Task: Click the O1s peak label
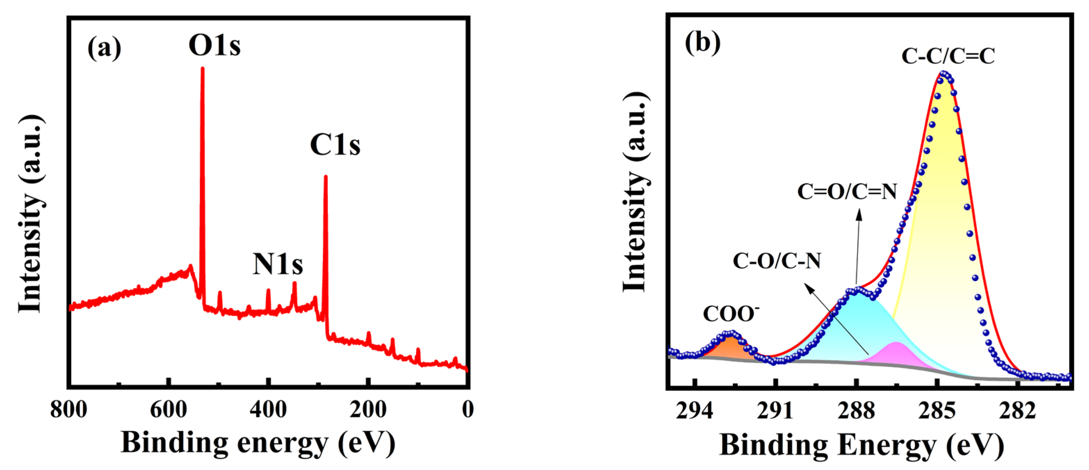coord(214,45)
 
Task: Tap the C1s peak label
coord(335,145)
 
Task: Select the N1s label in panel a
coord(278,264)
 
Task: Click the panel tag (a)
coord(104,47)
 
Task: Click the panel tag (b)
coord(703,42)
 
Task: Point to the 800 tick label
coord(69,409)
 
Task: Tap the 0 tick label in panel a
coord(467,409)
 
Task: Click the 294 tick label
coord(694,411)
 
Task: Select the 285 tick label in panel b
coord(937,411)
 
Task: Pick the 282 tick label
coord(1018,411)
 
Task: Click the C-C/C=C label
coord(948,56)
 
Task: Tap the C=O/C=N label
coord(847,192)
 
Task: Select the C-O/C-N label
coord(777,261)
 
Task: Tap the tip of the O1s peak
coord(202,68)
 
